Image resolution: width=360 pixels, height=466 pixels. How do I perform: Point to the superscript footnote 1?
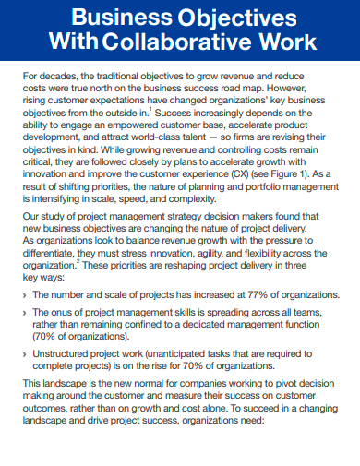[x=150, y=108]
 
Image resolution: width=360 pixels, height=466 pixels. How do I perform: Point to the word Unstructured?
[x=67, y=352]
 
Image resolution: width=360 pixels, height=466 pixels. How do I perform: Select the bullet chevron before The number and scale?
[x=24, y=295]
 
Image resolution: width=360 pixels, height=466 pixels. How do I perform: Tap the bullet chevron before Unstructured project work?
[x=24, y=352]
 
